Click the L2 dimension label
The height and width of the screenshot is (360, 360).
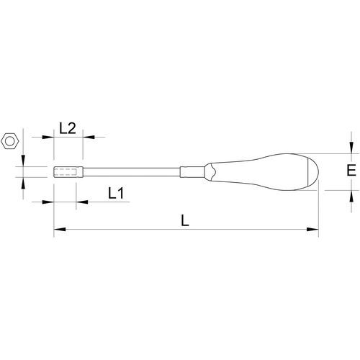(x=68, y=128)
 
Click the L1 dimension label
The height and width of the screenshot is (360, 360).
(x=116, y=193)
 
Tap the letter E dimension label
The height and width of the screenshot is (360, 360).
(x=351, y=170)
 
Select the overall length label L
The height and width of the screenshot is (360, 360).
(x=185, y=220)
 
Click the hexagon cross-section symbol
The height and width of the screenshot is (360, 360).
(x=10, y=141)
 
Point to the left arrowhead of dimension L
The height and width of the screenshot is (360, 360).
(x=60, y=230)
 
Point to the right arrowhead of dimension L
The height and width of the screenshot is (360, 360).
(x=312, y=230)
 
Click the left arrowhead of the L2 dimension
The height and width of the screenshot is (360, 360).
(x=48, y=137)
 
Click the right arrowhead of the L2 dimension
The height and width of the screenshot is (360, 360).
(x=89, y=137)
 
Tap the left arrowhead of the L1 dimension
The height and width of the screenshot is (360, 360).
(x=48, y=202)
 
